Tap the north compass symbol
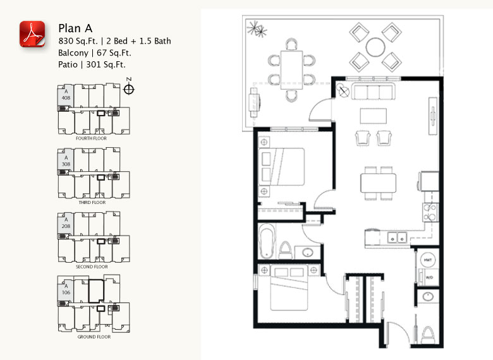129,88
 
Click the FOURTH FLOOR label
90,138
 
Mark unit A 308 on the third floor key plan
66,160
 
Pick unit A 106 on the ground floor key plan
66,289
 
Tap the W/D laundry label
427,277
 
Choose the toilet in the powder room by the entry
427,334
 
